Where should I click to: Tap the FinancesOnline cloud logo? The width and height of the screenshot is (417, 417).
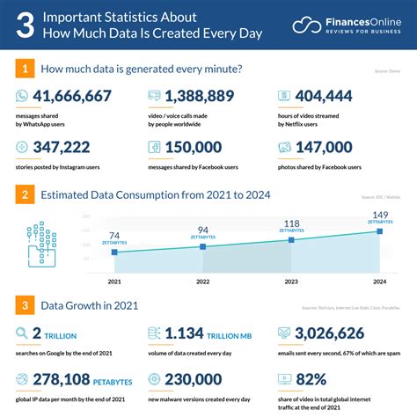(x=307, y=25)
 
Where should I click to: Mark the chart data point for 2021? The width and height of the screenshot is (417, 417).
(x=113, y=252)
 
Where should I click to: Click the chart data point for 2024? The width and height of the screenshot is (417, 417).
(x=379, y=231)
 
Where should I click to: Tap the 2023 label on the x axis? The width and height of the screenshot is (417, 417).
(x=290, y=282)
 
